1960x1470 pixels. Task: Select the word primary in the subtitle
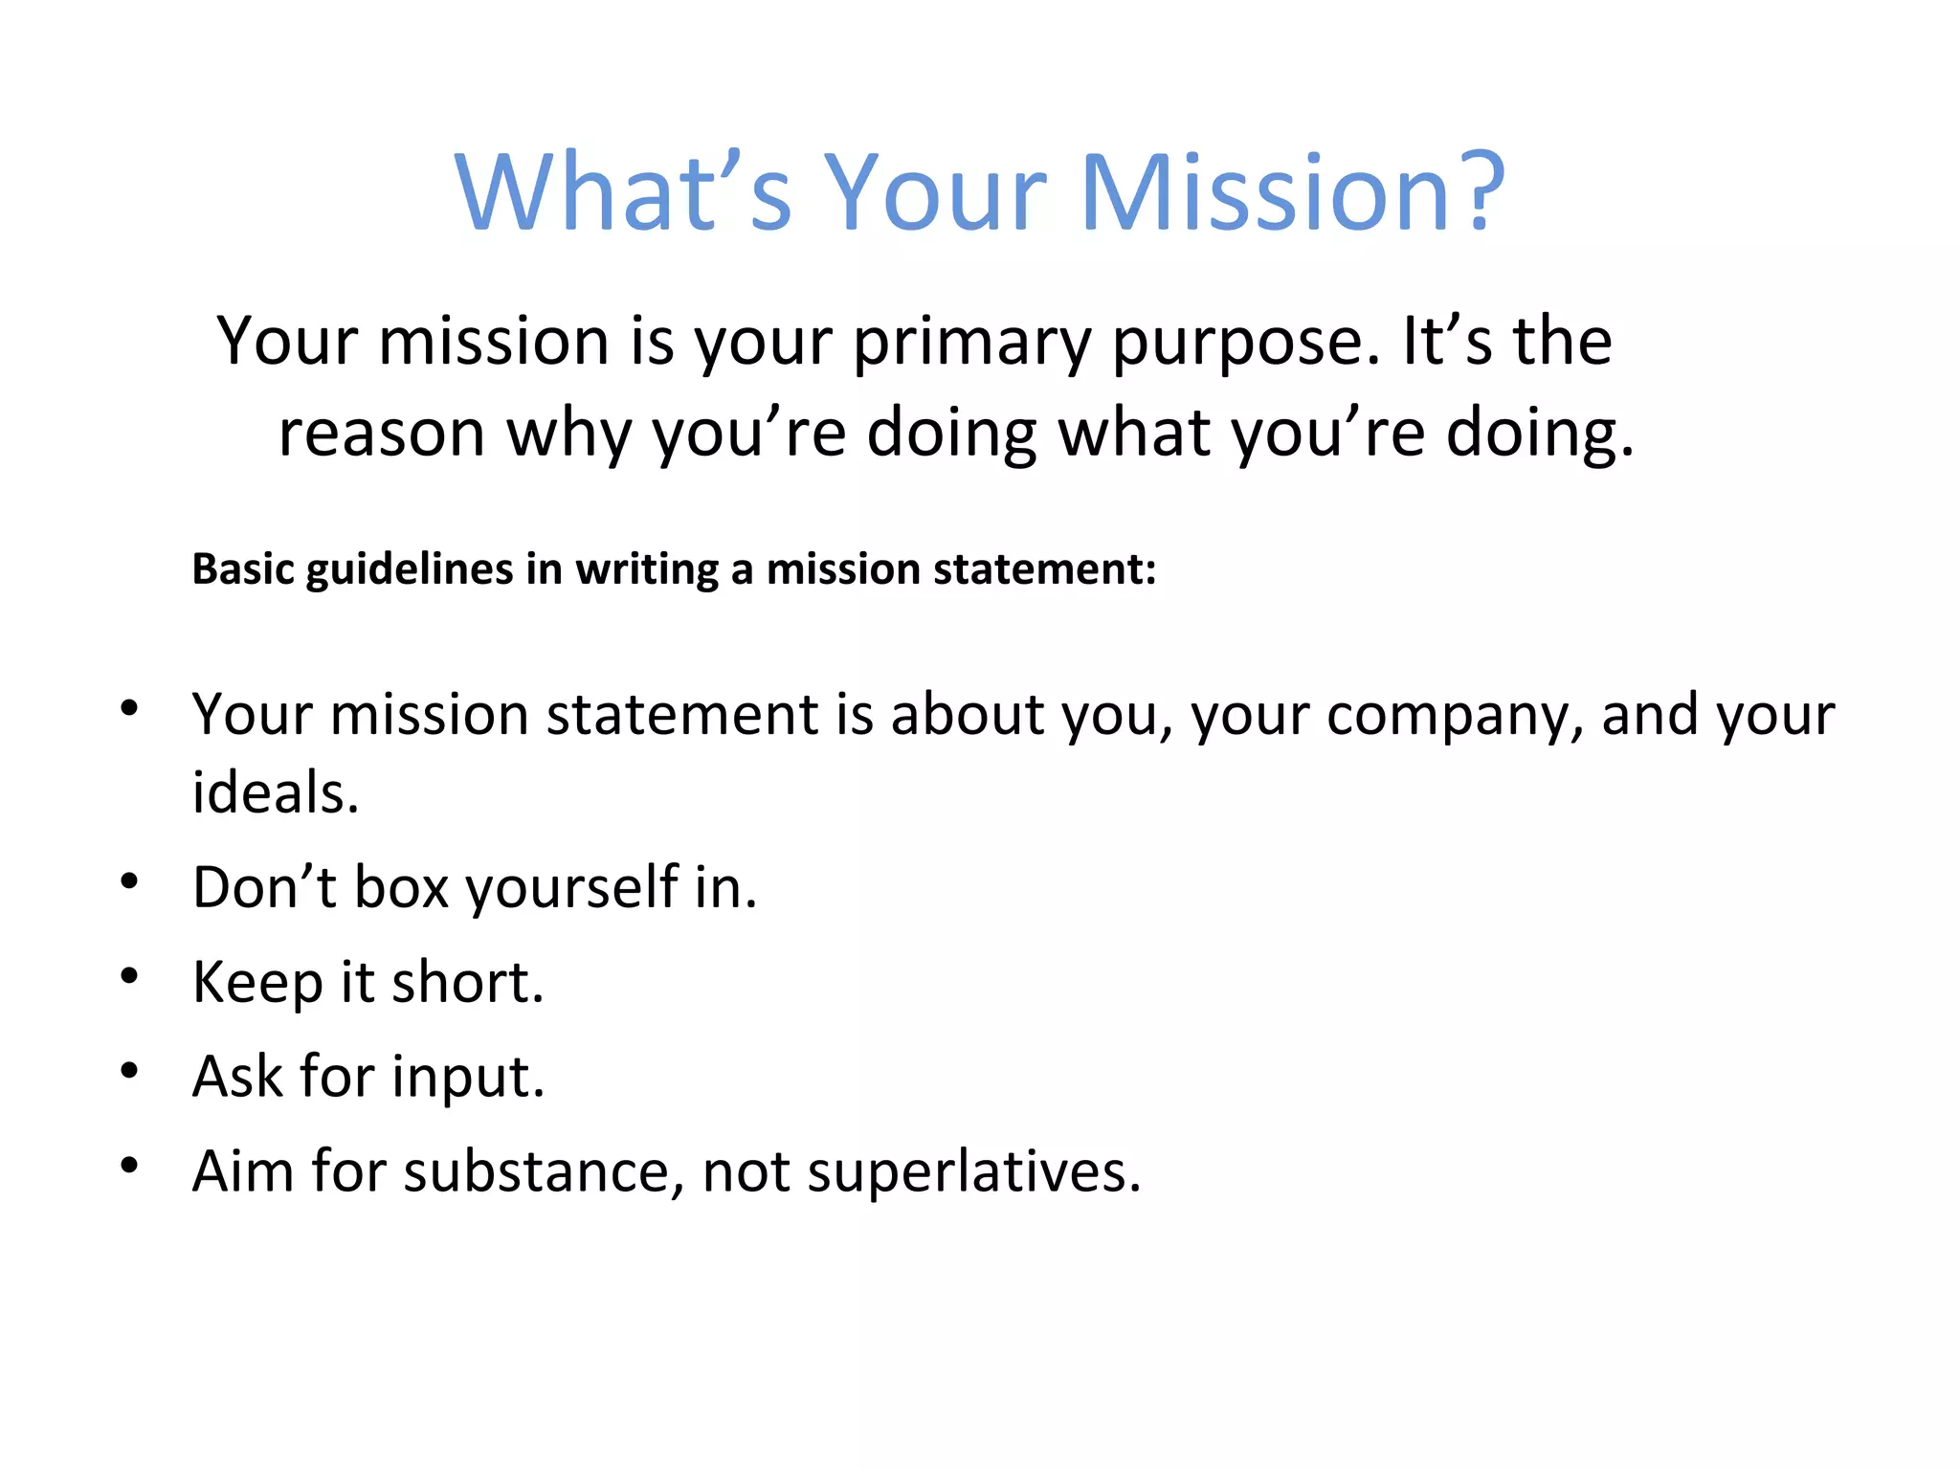971,343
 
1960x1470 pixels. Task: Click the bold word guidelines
411,569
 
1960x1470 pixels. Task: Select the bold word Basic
244,568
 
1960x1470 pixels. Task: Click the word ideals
275,792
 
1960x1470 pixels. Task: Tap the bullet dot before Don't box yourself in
130,880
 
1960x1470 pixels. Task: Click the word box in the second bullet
401,887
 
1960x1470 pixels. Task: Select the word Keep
256,983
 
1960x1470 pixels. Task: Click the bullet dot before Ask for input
130,1070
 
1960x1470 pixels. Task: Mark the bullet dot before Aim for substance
130,1165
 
